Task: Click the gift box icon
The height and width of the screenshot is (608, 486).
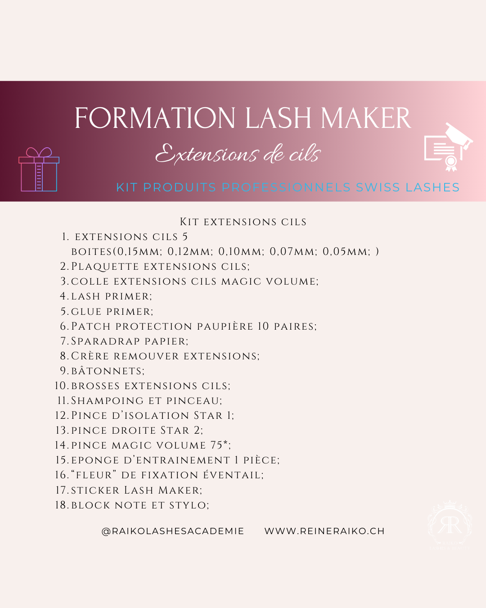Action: pyautogui.click(x=39, y=169)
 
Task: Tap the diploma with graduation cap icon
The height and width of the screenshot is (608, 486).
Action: pyautogui.click(x=449, y=147)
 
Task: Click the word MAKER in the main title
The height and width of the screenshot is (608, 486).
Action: pyautogui.click(x=366, y=118)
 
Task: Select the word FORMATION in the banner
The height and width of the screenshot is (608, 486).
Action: pyautogui.click(x=155, y=118)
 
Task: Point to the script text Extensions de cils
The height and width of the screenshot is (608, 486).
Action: pyautogui.click(x=238, y=154)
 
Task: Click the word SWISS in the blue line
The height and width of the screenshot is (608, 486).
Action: pyautogui.click(x=378, y=187)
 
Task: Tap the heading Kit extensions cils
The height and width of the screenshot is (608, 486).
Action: pyautogui.click(x=243, y=222)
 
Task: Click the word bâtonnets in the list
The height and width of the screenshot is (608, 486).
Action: pyautogui.click(x=108, y=371)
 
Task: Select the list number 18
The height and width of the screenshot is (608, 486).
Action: pyautogui.click(x=62, y=505)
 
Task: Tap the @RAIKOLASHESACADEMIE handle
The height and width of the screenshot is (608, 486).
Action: pyautogui.click(x=172, y=531)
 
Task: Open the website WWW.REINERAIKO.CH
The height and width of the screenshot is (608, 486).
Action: pyautogui.click(x=324, y=531)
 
